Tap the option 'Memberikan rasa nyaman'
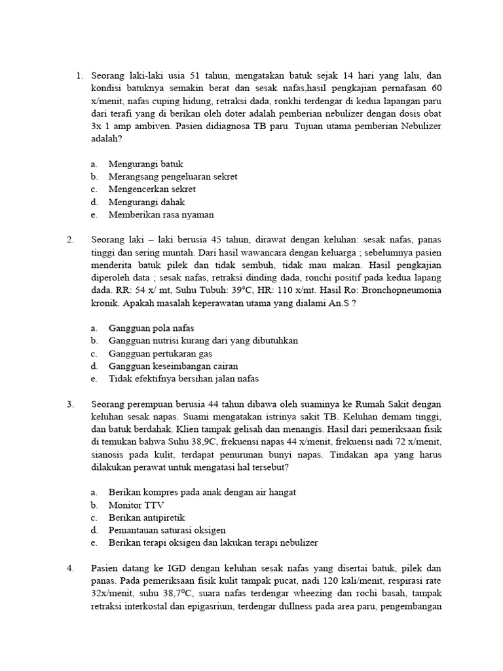tap(161, 214)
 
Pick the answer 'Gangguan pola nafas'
tap(151, 328)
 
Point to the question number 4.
tap(70, 568)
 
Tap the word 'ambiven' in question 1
tap(151, 126)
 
